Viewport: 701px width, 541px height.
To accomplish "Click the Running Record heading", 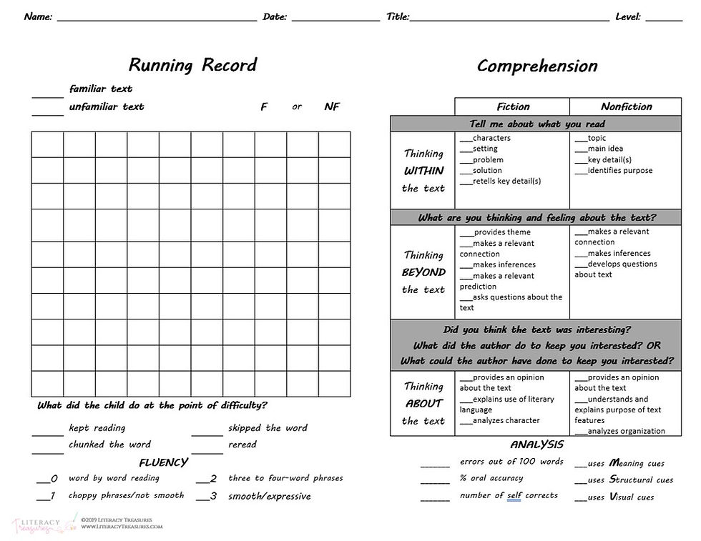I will click(192, 65).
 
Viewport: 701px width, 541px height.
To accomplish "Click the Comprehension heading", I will click(536, 66).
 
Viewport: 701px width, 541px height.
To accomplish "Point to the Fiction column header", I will click(513, 106).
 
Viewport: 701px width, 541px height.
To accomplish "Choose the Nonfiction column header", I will click(626, 106).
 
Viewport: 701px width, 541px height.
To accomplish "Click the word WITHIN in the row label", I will click(423, 171).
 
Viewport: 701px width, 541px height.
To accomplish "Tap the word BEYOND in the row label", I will click(423, 272).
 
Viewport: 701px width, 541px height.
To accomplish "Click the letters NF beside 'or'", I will click(332, 107).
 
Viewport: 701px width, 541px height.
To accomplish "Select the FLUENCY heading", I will click(163, 462).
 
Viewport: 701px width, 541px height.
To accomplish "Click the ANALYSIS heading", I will click(536, 445).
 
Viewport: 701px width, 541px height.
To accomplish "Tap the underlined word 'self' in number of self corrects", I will click(514, 496).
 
